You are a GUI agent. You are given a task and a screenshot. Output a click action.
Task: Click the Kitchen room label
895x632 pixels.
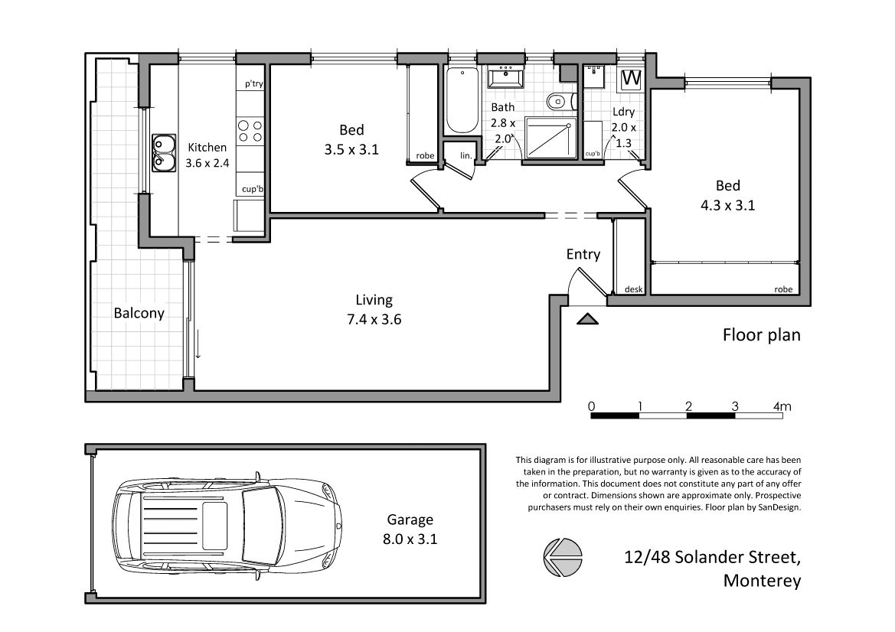[x=207, y=148]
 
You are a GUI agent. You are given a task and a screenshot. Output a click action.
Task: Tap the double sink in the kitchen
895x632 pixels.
[x=162, y=153]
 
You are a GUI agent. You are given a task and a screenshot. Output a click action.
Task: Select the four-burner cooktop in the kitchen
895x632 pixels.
[x=250, y=131]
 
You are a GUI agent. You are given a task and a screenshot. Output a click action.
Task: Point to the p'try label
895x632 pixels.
[x=254, y=84]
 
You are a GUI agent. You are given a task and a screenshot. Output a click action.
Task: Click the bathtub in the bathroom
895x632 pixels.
[x=462, y=100]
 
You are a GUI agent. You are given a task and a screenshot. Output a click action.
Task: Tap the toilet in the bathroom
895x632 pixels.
[x=557, y=102]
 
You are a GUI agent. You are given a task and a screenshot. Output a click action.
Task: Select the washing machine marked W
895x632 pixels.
[x=632, y=78]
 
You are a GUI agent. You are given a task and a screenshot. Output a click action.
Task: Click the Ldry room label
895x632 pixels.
[x=623, y=112]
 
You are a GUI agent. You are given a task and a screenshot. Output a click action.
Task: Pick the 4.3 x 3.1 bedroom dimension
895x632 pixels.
[x=728, y=205]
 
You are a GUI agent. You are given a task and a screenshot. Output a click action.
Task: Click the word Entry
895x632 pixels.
[x=583, y=254]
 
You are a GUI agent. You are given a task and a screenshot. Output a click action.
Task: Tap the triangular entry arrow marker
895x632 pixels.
[x=586, y=319]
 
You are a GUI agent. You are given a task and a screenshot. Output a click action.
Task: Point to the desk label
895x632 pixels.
[x=634, y=289]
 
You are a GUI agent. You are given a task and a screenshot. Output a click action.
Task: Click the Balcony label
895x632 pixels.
[x=139, y=313]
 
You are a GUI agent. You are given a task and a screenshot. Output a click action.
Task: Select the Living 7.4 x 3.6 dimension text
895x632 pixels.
[x=374, y=319]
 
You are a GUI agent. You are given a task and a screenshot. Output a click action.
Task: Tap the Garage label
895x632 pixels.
[x=410, y=520]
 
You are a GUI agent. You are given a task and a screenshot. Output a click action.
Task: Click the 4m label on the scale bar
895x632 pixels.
[x=782, y=407]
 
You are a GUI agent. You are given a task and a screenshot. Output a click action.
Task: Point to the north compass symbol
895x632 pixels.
[x=563, y=557]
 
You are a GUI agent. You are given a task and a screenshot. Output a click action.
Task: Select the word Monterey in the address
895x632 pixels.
[x=763, y=581]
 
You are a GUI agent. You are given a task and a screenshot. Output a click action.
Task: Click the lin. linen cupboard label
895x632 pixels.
[x=465, y=155]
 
